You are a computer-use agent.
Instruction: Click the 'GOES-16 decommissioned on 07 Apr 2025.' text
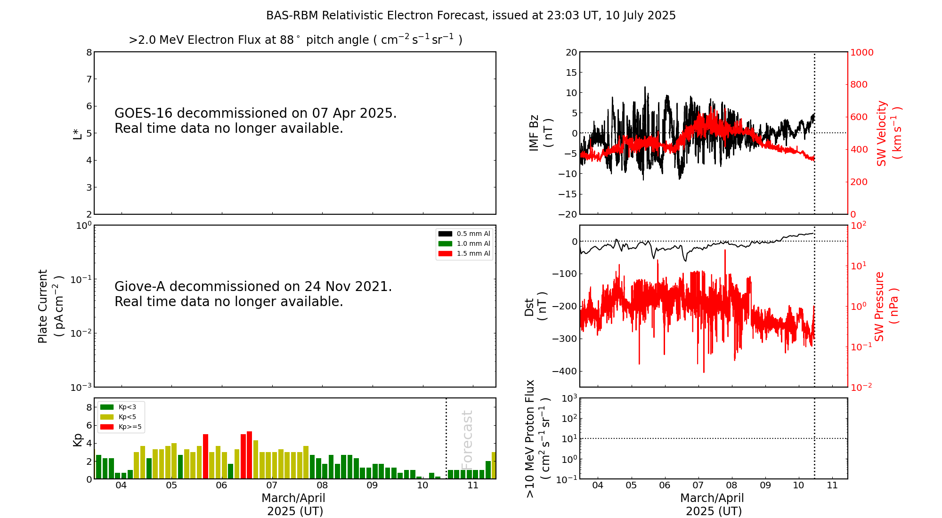tap(255, 113)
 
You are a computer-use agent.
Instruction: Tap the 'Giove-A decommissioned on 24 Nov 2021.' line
tap(253, 287)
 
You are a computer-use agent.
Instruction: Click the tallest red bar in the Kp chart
tap(249, 455)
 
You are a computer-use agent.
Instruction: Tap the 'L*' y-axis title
tap(77, 133)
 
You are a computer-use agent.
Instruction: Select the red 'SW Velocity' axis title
tap(882, 133)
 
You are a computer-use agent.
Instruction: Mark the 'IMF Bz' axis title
tap(534, 133)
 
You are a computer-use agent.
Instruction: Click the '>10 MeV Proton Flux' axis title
tap(530, 438)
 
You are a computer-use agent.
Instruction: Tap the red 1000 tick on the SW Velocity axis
tap(861, 52)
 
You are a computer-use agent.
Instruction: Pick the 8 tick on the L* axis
tap(89, 52)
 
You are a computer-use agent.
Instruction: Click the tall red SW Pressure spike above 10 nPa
tap(725, 254)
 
